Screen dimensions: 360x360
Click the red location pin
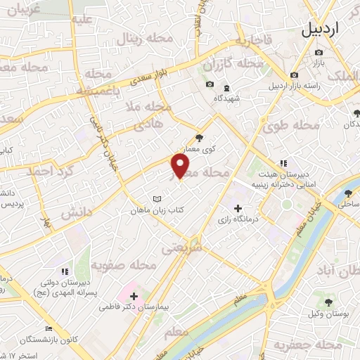point(181,166)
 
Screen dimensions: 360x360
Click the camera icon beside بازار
point(319,52)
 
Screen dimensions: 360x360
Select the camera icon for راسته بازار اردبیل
point(294,75)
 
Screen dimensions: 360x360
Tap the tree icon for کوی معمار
point(199,138)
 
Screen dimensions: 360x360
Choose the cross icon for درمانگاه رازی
point(238,209)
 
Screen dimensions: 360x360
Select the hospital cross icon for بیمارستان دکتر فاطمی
point(134,296)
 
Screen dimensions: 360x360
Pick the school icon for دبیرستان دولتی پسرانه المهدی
point(64,271)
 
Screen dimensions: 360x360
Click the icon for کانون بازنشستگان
point(49,328)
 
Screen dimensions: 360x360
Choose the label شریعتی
point(181,248)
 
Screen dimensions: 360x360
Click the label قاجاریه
point(252,41)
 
